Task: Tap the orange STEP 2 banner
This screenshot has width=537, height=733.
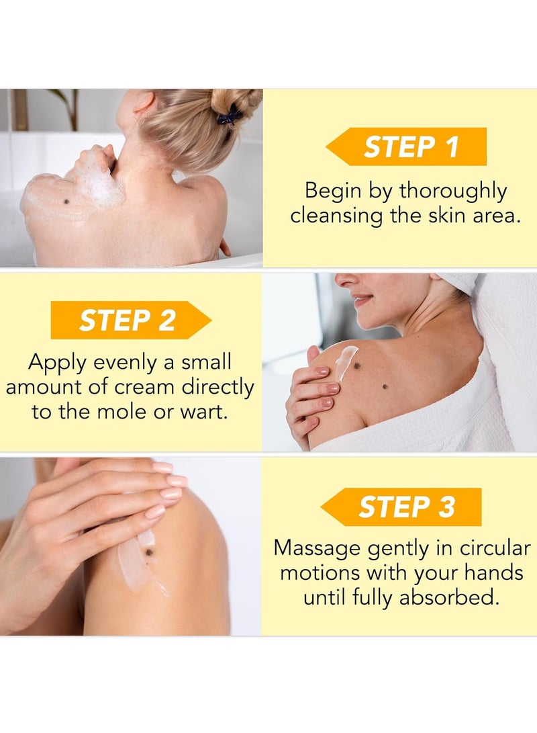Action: pos(131,320)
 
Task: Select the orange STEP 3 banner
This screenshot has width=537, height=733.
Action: pos(403,507)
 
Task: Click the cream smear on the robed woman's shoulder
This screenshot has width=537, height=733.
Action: pos(346,361)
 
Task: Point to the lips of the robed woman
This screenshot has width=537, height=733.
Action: pos(362,300)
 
